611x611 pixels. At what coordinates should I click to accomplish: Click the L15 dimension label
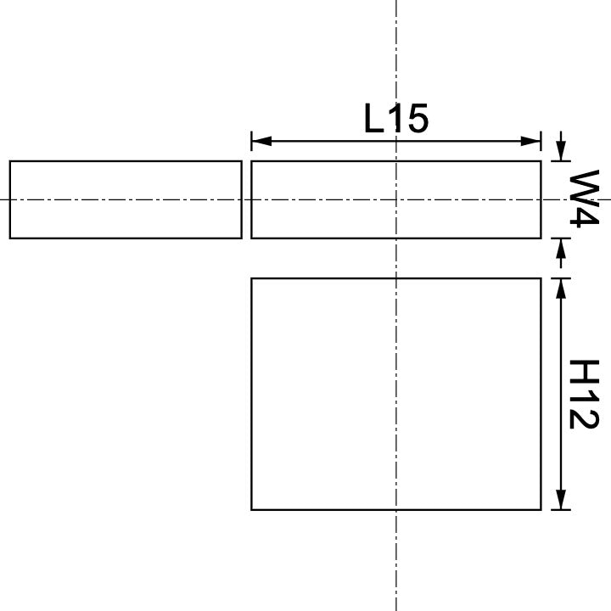point(396,119)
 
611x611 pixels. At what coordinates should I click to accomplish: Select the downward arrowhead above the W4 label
point(560,153)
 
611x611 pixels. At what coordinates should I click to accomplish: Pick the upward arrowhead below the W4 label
point(560,247)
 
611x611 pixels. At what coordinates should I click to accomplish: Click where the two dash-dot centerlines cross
point(396,199)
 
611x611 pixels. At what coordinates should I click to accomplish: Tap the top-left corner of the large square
point(252,278)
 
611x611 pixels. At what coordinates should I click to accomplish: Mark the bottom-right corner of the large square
point(541,510)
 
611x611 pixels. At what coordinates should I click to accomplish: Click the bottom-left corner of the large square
point(252,510)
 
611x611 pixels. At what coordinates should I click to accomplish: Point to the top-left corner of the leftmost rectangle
point(10,161)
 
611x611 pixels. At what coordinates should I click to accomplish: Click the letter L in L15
point(373,119)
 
